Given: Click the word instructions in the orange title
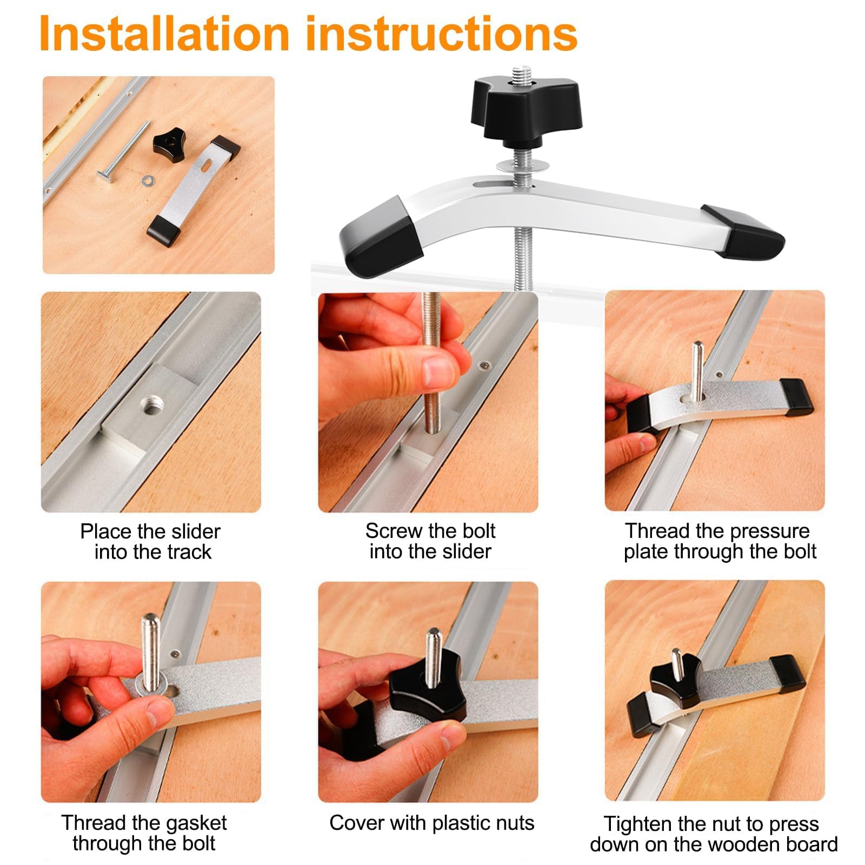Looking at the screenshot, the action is pyautogui.click(x=442, y=34).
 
